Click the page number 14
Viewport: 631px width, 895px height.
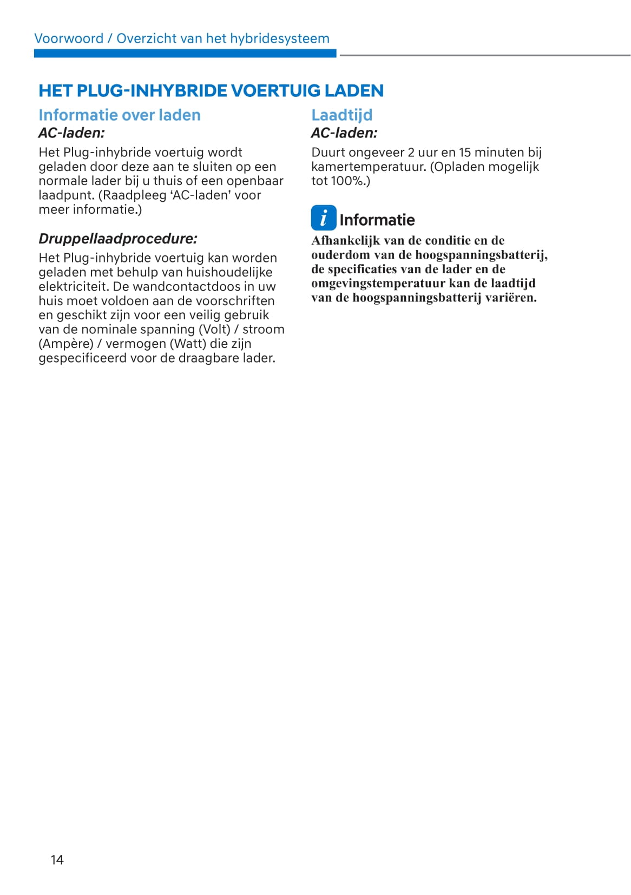click(57, 859)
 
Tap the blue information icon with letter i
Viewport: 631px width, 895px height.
click(323, 218)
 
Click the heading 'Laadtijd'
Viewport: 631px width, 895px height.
click(341, 115)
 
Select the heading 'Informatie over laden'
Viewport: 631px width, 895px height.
click(119, 115)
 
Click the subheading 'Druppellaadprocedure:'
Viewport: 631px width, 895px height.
click(117, 239)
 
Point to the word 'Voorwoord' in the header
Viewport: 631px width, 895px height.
click(69, 38)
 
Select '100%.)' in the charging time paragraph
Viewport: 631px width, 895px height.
click(350, 181)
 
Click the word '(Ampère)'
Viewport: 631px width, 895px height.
click(65, 344)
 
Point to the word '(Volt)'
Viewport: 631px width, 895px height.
click(214, 329)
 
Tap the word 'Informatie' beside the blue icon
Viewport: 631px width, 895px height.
click(377, 220)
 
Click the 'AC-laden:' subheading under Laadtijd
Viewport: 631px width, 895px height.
click(344, 133)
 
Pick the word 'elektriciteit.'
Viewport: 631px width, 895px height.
click(74, 286)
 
